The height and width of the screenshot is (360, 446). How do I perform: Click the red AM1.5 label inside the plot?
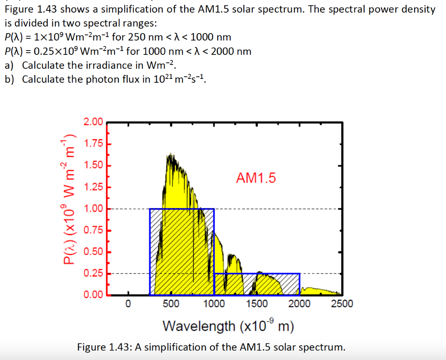256,178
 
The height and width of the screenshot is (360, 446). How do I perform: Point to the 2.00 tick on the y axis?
93,122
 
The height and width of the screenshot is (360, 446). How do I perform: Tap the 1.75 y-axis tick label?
93,144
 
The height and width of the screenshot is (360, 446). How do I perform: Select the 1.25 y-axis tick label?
93,187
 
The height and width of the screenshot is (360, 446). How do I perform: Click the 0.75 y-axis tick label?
93,230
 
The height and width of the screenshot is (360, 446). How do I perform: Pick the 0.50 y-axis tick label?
93,252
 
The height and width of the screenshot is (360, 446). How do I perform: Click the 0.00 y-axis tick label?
93,295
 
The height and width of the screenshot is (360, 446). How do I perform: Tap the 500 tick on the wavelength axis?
171,304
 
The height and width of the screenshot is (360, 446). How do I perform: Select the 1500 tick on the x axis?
257,304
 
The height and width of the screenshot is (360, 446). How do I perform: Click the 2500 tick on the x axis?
342,304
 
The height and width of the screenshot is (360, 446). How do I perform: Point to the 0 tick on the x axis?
128,304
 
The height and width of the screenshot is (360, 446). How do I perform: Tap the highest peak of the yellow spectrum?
169,155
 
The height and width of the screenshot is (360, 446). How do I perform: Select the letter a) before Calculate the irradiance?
9,65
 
